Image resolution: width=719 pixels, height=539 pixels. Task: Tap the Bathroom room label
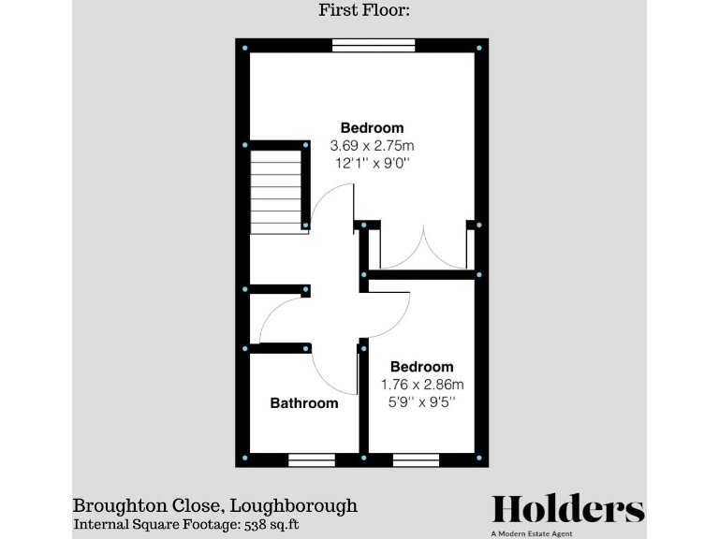[304, 403]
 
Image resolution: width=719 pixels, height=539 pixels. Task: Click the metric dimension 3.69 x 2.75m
[372, 146]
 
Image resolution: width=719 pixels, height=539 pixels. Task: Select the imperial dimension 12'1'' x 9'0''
[372, 164]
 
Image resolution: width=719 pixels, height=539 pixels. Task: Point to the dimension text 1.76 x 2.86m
[422, 385]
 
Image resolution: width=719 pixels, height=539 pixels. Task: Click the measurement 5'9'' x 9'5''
[422, 402]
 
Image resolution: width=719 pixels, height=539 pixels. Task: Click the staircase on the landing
[276, 195]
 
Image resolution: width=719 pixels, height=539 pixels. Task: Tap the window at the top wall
[374, 44]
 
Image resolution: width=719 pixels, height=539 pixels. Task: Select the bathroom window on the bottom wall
[312, 459]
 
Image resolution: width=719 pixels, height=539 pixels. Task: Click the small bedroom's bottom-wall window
[416, 459]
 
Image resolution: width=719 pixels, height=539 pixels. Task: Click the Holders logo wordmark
[568, 509]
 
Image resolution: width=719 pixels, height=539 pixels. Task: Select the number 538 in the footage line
[258, 526]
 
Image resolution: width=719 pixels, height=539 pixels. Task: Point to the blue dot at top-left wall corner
[245, 48]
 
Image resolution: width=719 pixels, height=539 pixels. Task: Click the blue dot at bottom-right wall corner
[479, 459]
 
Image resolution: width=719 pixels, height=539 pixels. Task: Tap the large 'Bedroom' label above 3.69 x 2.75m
[372, 128]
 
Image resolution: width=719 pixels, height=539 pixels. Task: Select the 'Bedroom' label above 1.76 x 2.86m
[422, 367]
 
